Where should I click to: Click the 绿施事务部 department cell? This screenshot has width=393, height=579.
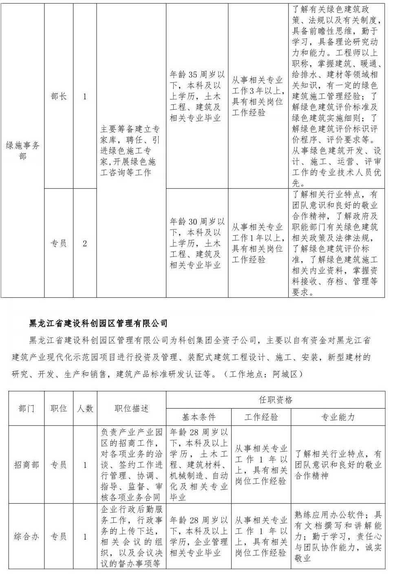(x=22, y=150)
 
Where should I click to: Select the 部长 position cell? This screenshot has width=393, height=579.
(x=59, y=97)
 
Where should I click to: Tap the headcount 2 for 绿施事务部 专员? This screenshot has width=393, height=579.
(x=85, y=243)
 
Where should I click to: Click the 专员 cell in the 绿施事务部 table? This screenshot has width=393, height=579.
(x=59, y=243)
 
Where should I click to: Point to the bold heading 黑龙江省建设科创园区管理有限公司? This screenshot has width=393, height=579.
(x=99, y=323)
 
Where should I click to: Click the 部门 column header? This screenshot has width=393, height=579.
(x=26, y=409)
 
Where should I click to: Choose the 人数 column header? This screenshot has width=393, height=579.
(x=85, y=409)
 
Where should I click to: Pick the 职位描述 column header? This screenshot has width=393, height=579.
(x=131, y=409)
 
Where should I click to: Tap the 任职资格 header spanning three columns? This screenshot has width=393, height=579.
(x=276, y=400)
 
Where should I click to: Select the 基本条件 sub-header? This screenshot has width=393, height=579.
(x=199, y=417)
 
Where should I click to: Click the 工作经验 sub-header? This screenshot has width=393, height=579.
(x=261, y=417)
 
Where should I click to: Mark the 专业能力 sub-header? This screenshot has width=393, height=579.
(x=338, y=417)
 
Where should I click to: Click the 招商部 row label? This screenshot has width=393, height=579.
(x=26, y=465)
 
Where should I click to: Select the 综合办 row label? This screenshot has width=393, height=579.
(x=26, y=537)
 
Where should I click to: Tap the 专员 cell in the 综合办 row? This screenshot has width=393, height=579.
(x=59, y=537)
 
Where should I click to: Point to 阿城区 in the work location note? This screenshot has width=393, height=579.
(x=286, y=374)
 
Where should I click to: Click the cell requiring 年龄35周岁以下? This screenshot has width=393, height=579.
(x=197, y=97)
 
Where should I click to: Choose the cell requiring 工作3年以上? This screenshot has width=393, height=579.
(x=258, y=96)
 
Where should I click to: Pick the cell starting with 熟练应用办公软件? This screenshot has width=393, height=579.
(x=338, y=537)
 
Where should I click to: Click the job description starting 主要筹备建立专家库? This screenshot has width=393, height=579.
(x=131, y=151)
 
